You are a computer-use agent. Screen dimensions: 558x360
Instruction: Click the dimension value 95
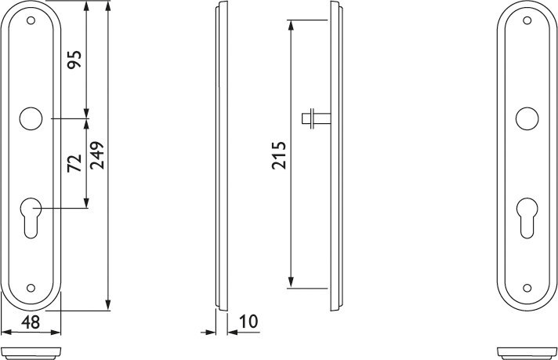click(x=75, y=60)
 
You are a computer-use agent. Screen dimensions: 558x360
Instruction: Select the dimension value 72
click(x=75, y=163)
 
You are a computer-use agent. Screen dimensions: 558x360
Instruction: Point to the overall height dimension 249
click(x=97, y=155)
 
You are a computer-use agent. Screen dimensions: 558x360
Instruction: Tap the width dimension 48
click(x=31, y=322)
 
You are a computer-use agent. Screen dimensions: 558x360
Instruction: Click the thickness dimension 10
click(x=248, y=322)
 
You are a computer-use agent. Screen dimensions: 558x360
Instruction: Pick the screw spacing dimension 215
click(x=279, y=155)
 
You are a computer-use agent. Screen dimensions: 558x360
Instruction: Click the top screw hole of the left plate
click(x=31, y=20)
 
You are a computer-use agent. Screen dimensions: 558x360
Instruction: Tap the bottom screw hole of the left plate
click(x=31, y=288)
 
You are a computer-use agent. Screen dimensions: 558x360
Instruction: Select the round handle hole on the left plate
click(x=31, y=118)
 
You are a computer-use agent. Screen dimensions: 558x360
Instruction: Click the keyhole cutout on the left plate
click(x=31, y=217)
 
